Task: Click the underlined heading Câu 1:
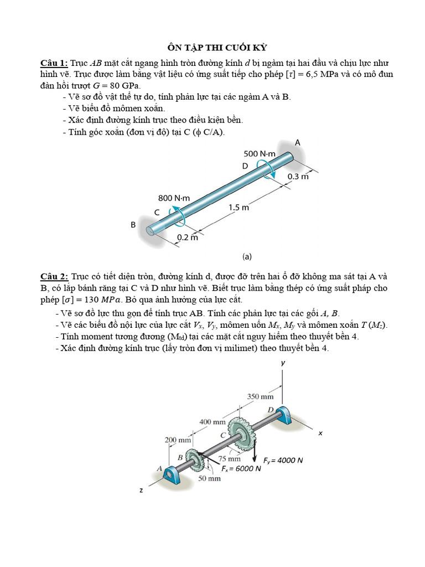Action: coord(53,63)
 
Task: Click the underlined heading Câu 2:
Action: coord(53,276)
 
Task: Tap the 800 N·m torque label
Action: coord(174,198)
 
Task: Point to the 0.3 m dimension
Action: coord(298,177)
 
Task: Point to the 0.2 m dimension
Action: coord(186,238)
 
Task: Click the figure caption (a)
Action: coord(247,256)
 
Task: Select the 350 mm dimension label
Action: coord(260,396)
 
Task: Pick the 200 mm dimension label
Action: coord(178,440)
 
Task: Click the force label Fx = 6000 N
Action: coord(241,468)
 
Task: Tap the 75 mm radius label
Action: coord(229,459)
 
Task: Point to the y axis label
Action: coord(282,363)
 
